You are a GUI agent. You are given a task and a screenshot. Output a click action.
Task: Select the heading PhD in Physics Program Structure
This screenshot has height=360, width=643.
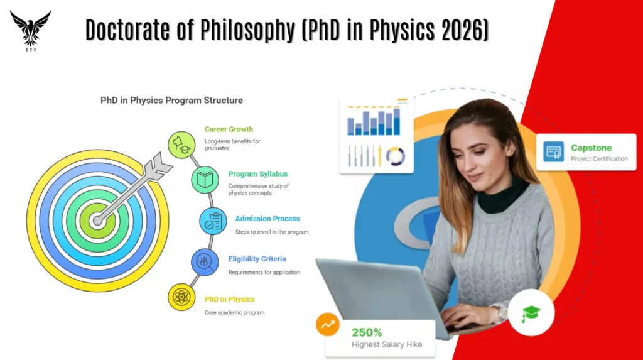pyautogui.click(x=171, y=100)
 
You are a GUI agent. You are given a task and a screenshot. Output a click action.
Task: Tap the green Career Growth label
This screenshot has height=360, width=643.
pyautogui.click(x=229, y=129)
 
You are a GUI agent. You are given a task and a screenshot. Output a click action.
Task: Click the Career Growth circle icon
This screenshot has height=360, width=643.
pyautogui.click(x=181, y=145)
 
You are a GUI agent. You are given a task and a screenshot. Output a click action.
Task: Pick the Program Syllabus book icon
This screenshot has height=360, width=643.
pyautogui.click(x=205, y=180)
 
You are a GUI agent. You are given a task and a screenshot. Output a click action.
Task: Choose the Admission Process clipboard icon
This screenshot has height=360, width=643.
pyautogui.click(x=213, y=221)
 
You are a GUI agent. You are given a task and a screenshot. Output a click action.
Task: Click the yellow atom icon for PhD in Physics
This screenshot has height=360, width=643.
pyautogui.click(x=181, y=297)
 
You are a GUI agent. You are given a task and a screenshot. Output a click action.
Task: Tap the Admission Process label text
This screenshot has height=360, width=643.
pyautogui.click(x=267, y=219)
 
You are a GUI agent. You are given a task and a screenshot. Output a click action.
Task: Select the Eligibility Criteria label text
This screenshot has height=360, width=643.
pyautogui.click(x=257, y=259)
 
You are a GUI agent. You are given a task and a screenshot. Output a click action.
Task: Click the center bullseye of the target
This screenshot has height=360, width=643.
pyautogui.click(x=97, y=221)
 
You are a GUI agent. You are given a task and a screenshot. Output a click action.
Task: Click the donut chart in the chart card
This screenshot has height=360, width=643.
pyautogui.click(x=395, y=156)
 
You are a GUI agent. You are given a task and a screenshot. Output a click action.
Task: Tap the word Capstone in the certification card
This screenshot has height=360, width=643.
pyautogui.click(x=591, y=148)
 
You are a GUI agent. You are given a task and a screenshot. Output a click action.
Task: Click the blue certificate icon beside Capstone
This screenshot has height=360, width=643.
pyautogui.click(x=553, y=152)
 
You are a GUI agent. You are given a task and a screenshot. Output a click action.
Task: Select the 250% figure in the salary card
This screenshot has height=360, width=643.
pyautogui.click(x=367, y=332)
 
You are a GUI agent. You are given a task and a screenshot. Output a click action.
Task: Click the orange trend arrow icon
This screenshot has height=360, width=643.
pyautogui.click(x=328, y=325)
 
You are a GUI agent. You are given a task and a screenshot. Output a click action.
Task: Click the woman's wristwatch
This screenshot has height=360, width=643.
pyautogui.click(x=500, y=312)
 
